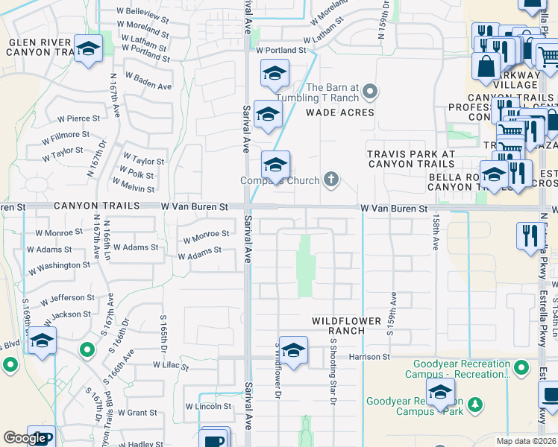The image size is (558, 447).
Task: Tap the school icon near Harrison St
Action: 294,351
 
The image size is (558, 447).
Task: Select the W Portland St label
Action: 281,51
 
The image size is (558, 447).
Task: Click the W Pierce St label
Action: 78,118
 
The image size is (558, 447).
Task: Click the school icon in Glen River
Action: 88,51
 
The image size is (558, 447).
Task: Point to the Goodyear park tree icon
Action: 474,406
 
